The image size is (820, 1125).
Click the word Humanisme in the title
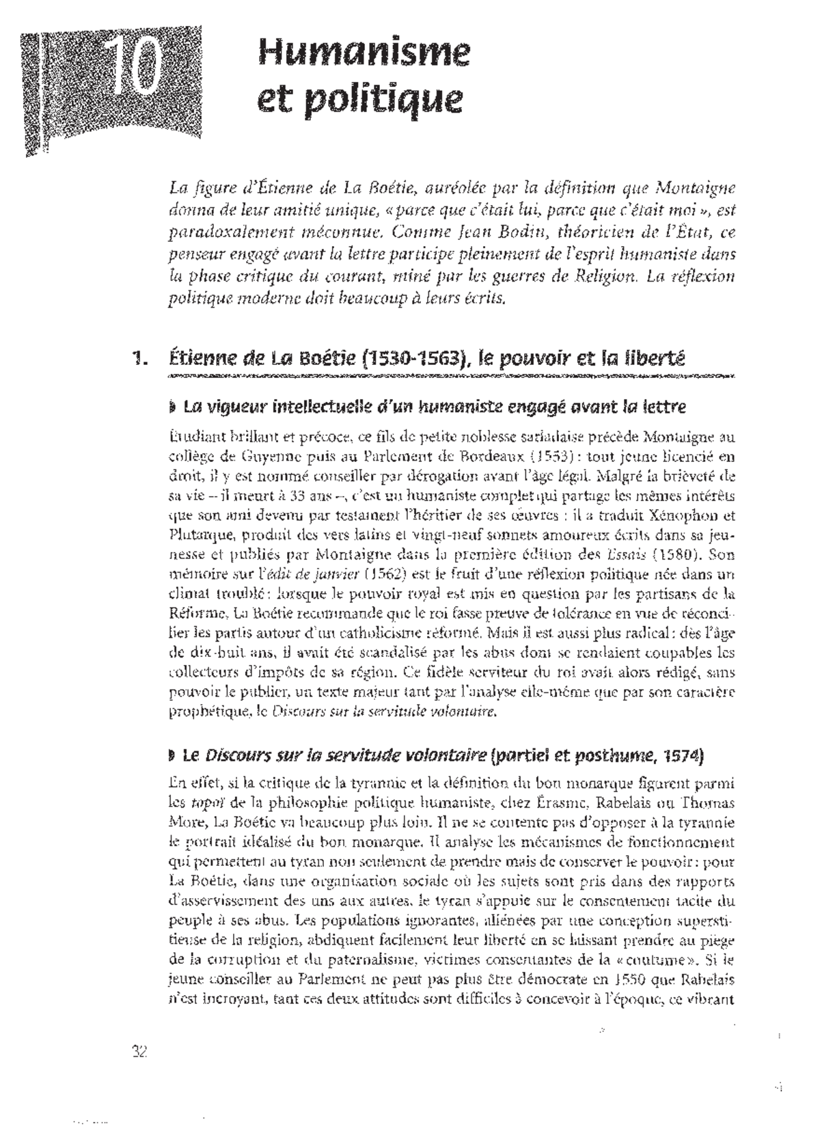click(x=365, y=52)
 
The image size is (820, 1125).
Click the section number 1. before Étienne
click(x=139, y=360)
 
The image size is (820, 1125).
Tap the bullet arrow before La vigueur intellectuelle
click(x=171, y=409)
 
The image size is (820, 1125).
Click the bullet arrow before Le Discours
click(x=171, y=757)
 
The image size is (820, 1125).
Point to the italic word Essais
click(x=626, y=555)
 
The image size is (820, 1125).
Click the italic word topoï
click(x=199, y=802)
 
